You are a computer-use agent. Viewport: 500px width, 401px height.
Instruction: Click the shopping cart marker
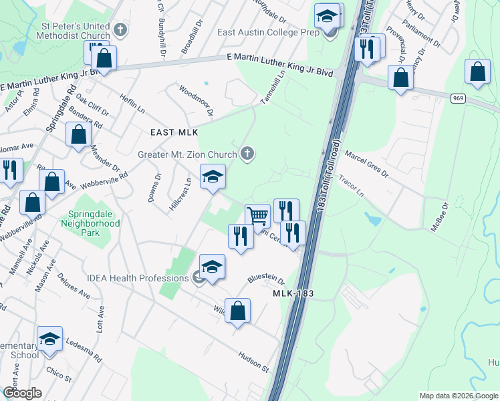click(x=257, y=215)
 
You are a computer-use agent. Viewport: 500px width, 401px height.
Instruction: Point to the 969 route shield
click(x=458, y=98)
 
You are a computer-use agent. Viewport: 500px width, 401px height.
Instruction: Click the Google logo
click(x=22, y=393)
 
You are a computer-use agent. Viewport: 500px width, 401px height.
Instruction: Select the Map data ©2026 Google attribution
click(x=459, y=396)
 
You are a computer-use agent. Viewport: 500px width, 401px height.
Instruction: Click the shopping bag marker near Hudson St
click(x=237, y=311)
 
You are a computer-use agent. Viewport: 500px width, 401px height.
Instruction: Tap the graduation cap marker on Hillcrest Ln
click(x=213, y=176)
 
